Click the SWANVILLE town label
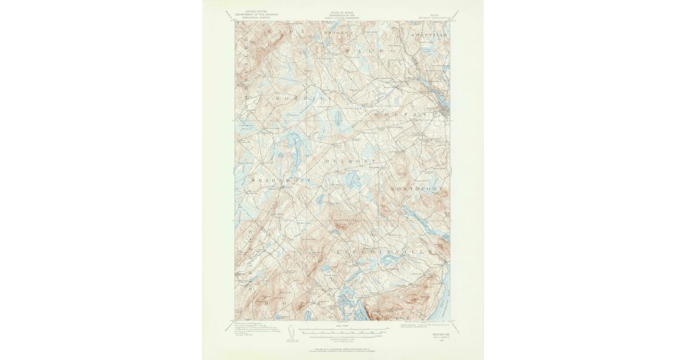pos(427,34)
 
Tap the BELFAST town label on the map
pos(409,115)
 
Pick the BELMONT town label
pos(350,162)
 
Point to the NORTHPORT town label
pos(417,188)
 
